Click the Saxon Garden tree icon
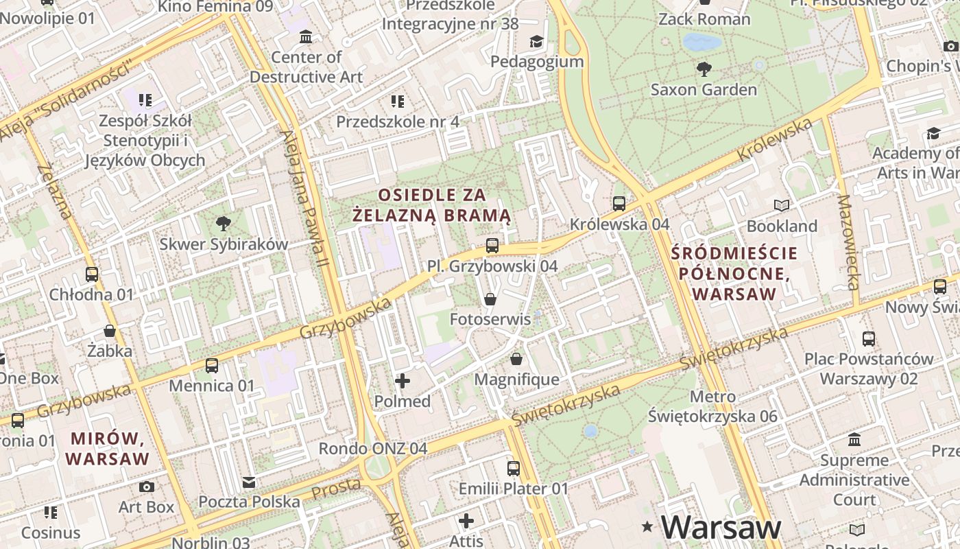pyautogui.click(x=704, y=69)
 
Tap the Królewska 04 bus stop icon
pyautogui.click(x=619, y=203)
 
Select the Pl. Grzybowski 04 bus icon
pyautogui.click(x=492, y=245)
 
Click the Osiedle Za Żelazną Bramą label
pyautogui.click(x=432, y=205)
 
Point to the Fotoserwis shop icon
pyautogui.click(x=490, y=299)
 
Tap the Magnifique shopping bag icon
pyautogui.click(x=516, y=359)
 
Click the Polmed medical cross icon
pyautogui.click(x=403, y=380)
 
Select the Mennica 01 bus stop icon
pyautogui.click(x=212, y=365)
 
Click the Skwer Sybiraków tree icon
pyautogui.click(x=223, y=223)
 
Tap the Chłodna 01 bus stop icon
pyautogui.click(x=92, y=274)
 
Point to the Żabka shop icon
pyautogui.click(x=110, y=331)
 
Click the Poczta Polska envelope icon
pyautogui.click(x=249, y=482)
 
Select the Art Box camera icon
pyautogui.click(x=147, y=487)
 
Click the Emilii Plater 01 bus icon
pyautogui.click(x=514, y=469)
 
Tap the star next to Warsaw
pyautogui.click(x=647, y=527)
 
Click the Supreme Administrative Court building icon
pyautogui.click(x=854, y=439)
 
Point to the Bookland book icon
pyautogui.click(x=782, y=205)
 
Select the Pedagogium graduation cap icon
pyautogui.click(x=536, y=42)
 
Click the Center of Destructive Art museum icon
pyautogui.click(x=306, y=36)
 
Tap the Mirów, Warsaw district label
pyautogui.click(x=108, y=448)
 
